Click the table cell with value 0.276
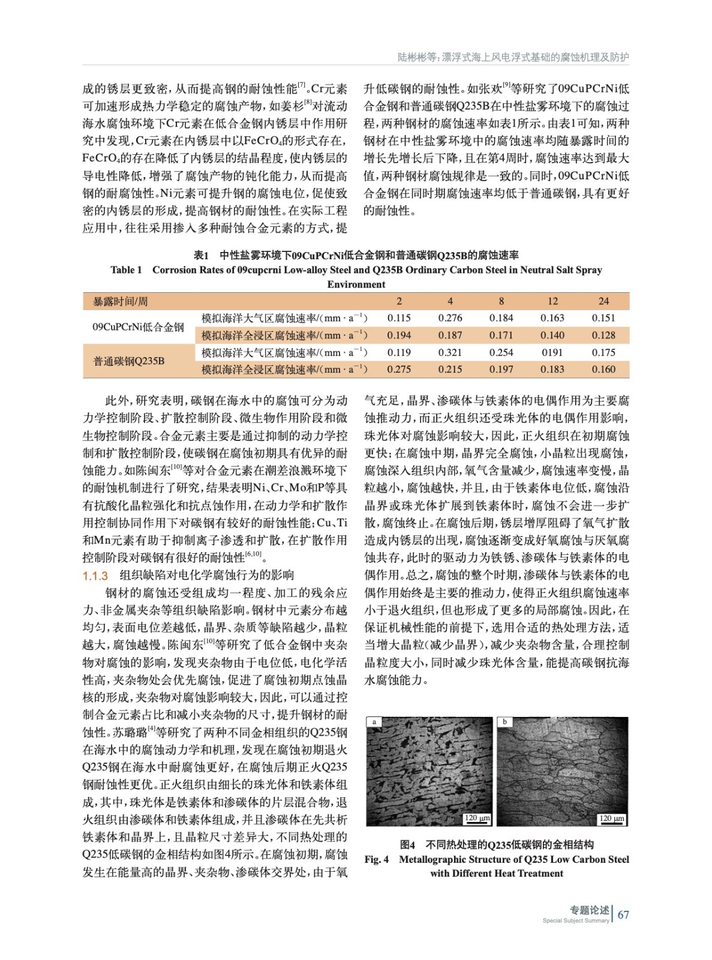[450, 318]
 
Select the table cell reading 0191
[552, 353]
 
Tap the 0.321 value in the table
[450, 353]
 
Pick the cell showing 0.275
[399, 370]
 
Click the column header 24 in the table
[603, 301]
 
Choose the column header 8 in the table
[501, 301]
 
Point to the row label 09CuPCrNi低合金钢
[138, 327]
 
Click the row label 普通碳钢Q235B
[128, 361]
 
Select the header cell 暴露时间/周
[120, 301]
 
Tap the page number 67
[623, 915]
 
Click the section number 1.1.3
[95, 576]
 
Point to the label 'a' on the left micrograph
[374, 722]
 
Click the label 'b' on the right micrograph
[505, 722]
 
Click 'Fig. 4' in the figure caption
[377, 859]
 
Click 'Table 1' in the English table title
[126, 270]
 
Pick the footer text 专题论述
[589, 910]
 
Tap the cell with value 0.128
[603, 335]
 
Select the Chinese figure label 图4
[408, 845]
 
